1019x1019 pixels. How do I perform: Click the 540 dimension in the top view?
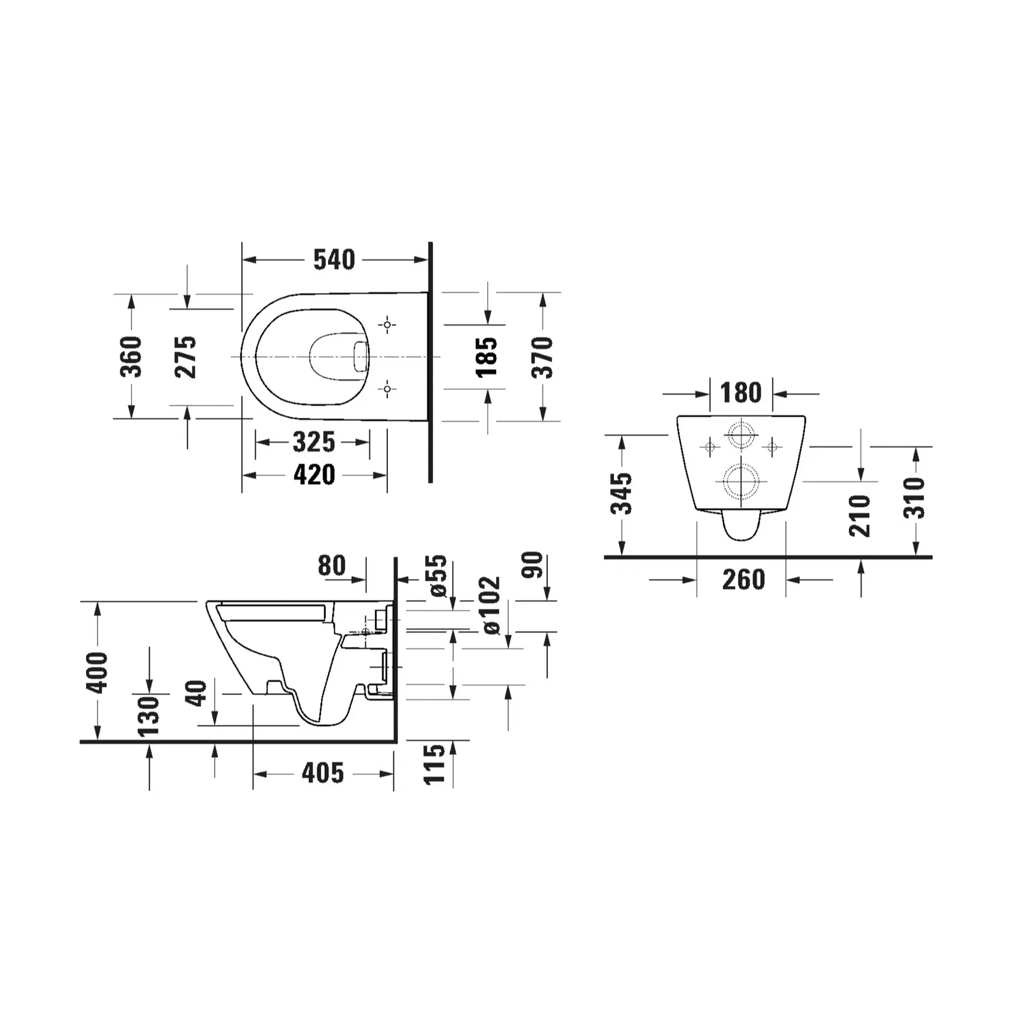(334, 260)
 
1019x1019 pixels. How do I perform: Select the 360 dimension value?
(131, 357)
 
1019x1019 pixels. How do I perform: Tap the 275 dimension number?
(186, 357)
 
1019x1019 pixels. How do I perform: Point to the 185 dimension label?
(487, 357)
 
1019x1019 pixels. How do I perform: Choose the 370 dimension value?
(543, 357)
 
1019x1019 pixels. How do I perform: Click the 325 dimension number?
(313, 442)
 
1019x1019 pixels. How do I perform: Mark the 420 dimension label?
(314, 475)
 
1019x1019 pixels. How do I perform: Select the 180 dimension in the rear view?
(741, 393)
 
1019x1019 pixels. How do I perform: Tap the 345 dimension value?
(622, 494)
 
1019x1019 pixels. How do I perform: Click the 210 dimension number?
(860, 516)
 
